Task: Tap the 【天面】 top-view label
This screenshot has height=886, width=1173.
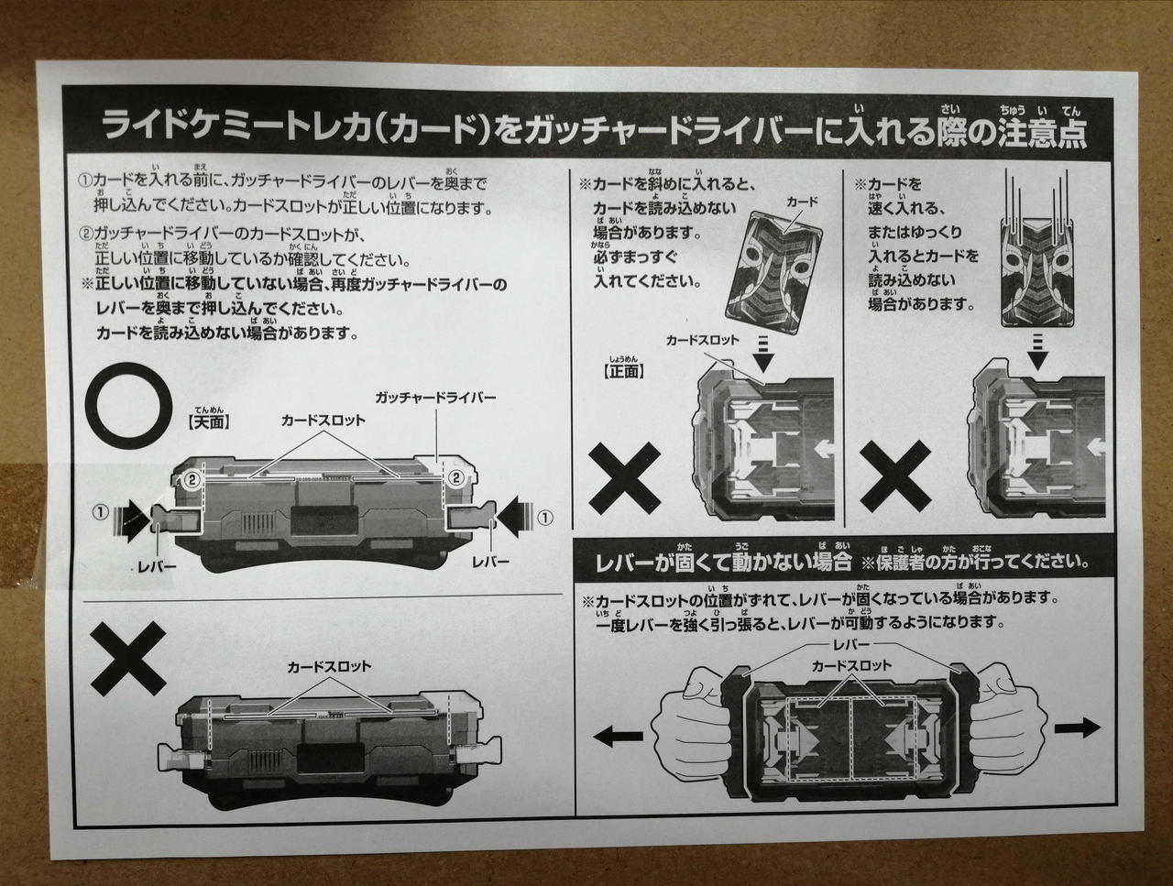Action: (209, 422)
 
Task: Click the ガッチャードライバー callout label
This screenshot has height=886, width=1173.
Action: (435, 398)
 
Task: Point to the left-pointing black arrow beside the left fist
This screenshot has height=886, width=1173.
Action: (619, 737)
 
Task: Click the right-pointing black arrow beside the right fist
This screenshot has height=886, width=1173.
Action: (1077, 727)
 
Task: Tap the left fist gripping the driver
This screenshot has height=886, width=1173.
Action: (692, 726)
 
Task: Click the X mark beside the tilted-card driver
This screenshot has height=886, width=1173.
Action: (624, 478)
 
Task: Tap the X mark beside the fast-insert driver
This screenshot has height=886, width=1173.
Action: (895, 476)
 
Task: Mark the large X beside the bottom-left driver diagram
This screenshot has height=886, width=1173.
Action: (128, 659)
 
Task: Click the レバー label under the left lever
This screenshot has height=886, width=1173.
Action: (157, 566)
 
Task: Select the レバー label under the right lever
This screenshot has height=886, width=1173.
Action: (490, 562)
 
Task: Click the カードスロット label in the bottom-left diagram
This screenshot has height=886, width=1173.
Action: (329, 666)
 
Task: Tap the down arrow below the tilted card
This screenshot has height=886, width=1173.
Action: (763, 353)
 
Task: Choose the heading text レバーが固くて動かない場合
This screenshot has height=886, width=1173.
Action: (722, 563)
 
